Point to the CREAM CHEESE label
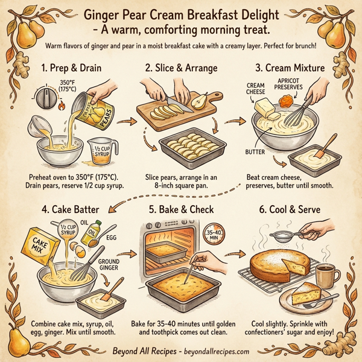[x=255, y=89]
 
